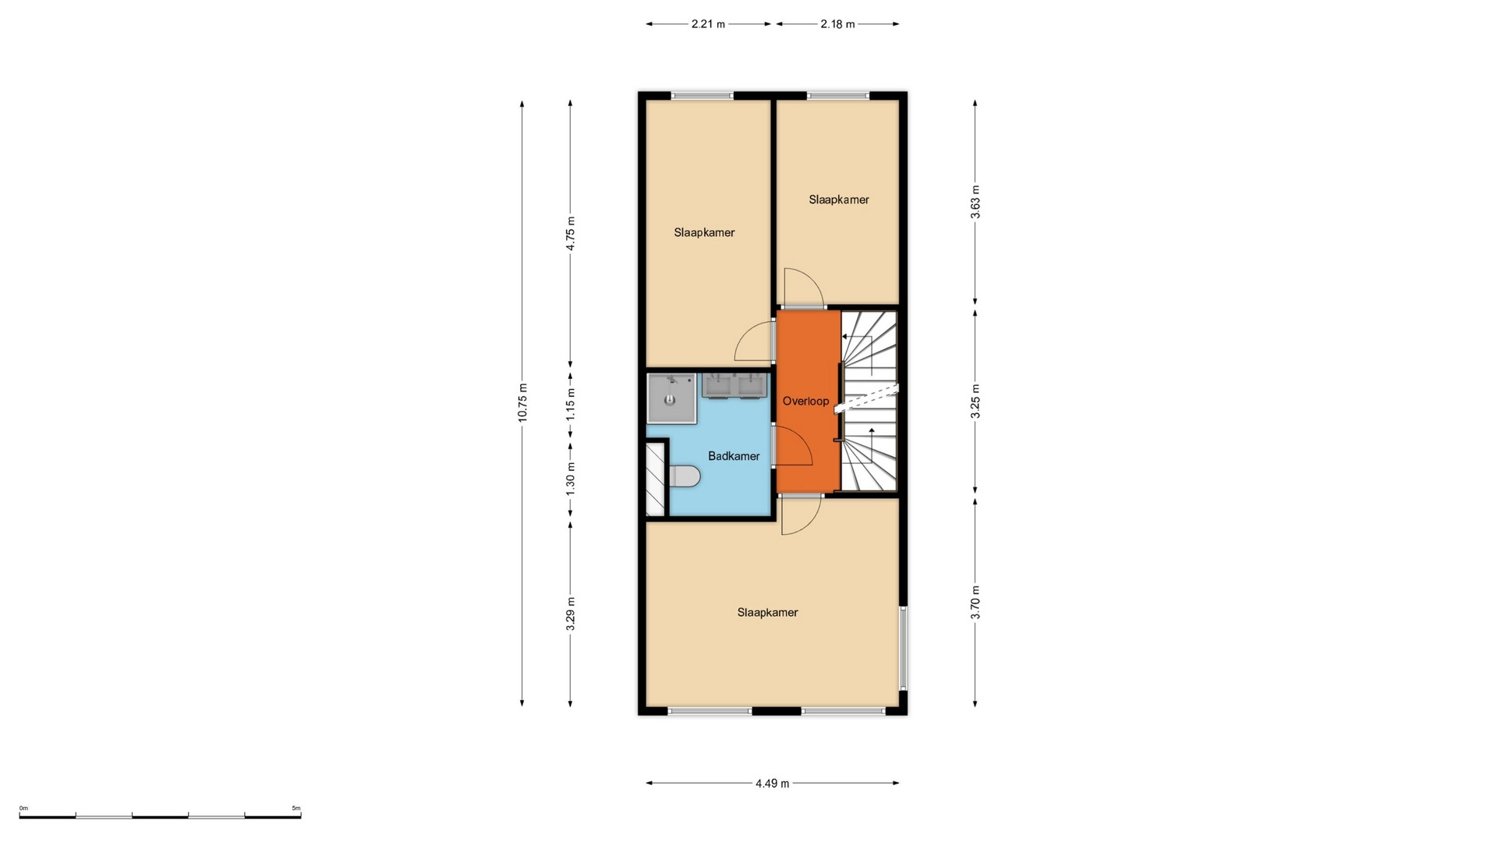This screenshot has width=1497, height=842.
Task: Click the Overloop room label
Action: click(x=805, y=402)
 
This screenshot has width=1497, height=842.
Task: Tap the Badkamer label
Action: click(x=734, y=456)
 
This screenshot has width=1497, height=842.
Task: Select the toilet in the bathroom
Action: click(x=684, y=476)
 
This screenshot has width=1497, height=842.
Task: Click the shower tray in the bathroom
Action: click(x=671, y=398)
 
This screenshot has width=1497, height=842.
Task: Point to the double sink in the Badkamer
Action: click(x=736, y=386)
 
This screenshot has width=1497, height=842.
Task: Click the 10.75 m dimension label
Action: click(x=522, y=402)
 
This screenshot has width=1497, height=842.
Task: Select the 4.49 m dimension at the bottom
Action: click(x=772, y=784)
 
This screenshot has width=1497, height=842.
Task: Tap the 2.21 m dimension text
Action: click(x=708, y=24)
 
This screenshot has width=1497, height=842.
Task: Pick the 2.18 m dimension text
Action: click(x=837, y=24)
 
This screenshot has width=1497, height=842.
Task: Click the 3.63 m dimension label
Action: click(x=975, y=202)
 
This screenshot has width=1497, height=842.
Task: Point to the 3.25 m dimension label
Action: click(x=975, y=402)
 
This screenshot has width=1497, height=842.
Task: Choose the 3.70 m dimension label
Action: click(x=975, y=603)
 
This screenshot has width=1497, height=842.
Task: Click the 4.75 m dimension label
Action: click(x=571, y=233)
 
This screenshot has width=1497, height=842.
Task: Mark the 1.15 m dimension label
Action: click(x=571, y=405)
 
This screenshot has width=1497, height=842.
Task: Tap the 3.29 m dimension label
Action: click(x=571, y=614)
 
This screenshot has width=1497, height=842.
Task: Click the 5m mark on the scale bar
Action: click(x=296, y=808)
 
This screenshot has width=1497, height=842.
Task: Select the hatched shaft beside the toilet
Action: click(x=656, y=479)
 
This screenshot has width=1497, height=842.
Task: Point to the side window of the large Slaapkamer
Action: click(x=903, y=649)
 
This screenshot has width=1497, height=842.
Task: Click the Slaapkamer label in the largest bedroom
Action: click(x=767, y=613)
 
